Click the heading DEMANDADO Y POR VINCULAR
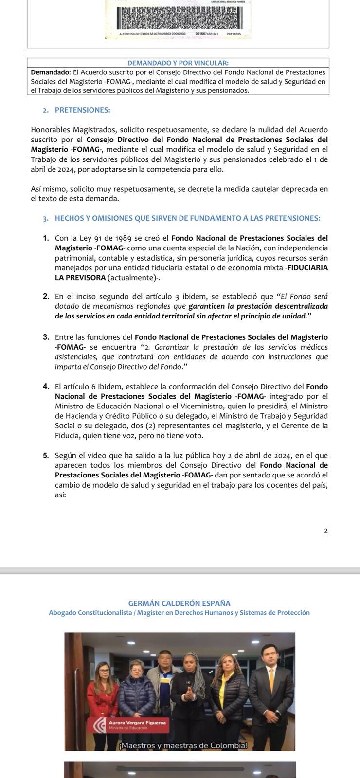[178, 63]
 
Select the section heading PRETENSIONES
[82, 110]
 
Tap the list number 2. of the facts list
[46, 296]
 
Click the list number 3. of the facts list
[46, 337]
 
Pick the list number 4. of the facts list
[46, 387]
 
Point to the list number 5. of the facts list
[46, 456]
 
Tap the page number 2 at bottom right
[326, 531]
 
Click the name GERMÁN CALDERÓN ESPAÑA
[179, 603]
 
